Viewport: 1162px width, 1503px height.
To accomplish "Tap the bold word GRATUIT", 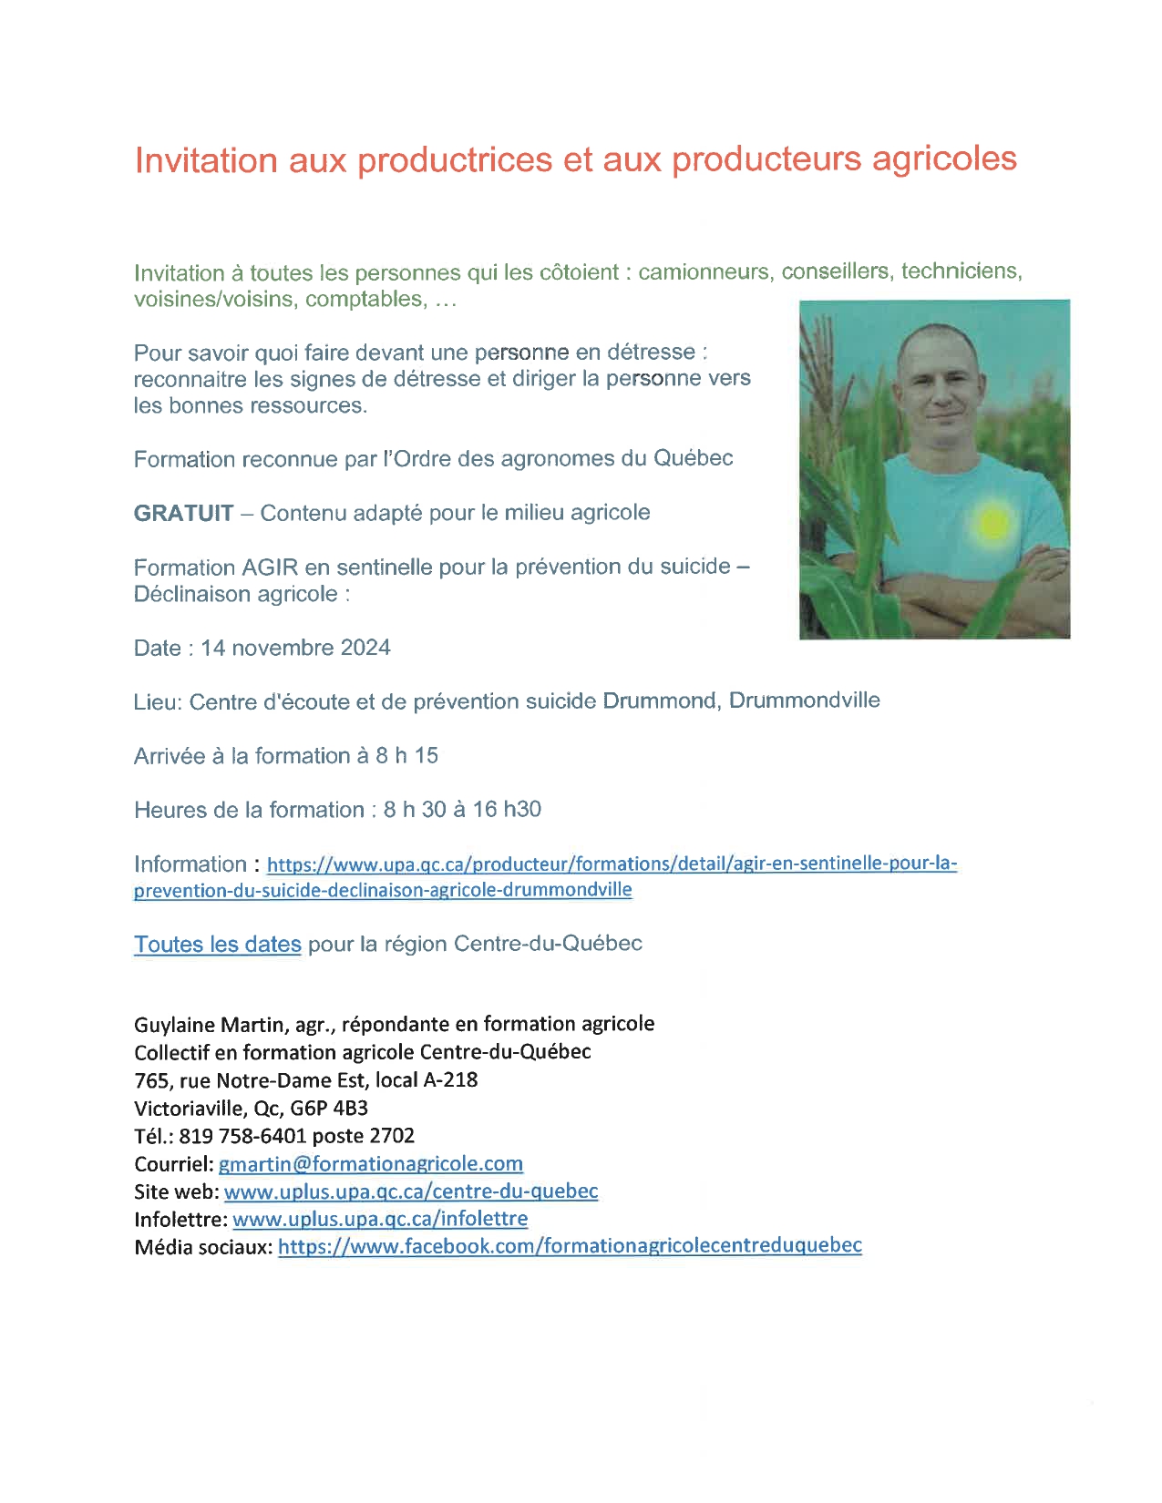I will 183,513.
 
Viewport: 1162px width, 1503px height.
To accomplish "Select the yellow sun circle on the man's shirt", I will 992,522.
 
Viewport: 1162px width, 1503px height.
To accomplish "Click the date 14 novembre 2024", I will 295,648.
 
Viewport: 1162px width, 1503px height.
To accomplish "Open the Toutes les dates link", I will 217,945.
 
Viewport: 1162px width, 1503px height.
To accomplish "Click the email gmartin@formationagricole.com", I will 371,1164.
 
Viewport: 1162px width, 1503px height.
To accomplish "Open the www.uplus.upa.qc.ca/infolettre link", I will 380,1219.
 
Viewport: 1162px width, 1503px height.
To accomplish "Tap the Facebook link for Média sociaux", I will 570,1246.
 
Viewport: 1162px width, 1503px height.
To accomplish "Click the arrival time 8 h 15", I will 406,756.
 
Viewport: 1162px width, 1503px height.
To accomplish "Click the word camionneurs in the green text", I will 703,272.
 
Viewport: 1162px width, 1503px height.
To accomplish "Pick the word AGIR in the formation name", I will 270,567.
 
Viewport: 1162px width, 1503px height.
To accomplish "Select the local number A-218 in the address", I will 450,1080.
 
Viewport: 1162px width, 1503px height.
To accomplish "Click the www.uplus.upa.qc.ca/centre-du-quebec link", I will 411,1191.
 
